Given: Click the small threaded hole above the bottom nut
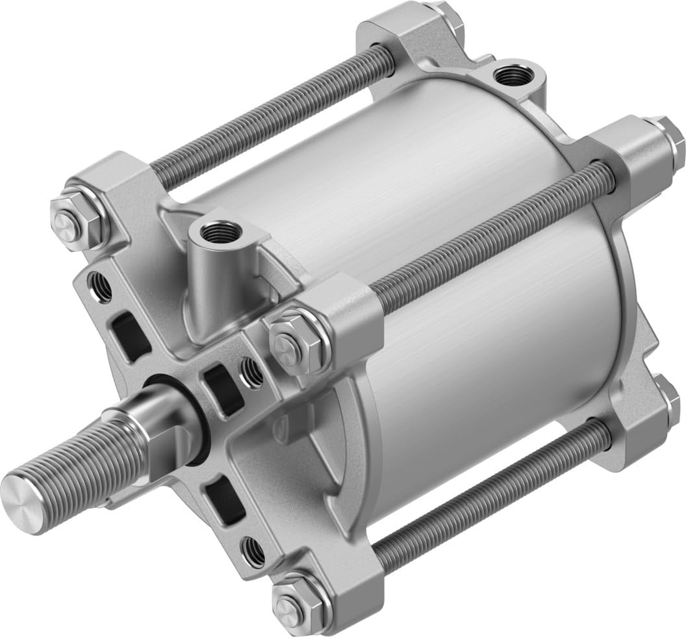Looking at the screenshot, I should (x=255, y=551).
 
